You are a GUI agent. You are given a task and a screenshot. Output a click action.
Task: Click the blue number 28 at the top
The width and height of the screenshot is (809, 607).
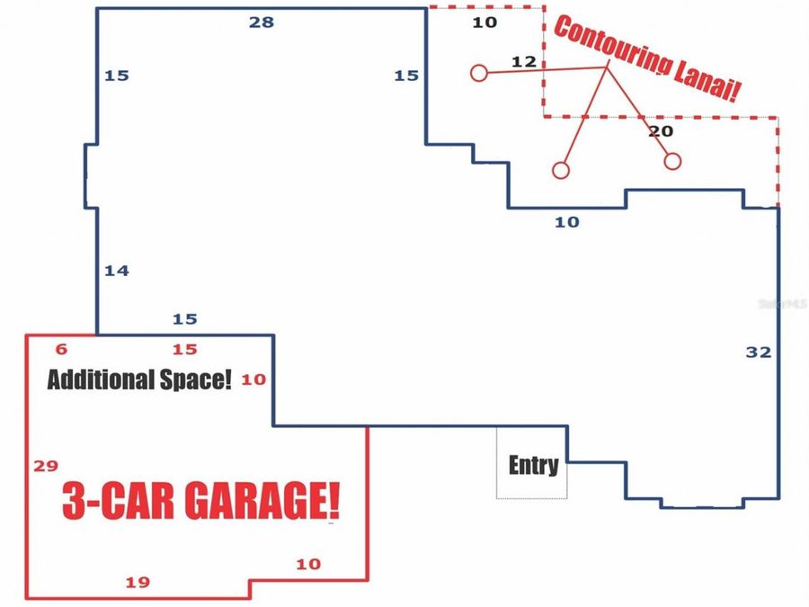click(x=262, y=22)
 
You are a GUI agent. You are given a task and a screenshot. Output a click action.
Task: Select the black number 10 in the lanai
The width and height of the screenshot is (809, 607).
click(x=485, y=22)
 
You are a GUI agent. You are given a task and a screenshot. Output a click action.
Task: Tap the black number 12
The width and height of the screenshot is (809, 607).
click(x=523, y=62)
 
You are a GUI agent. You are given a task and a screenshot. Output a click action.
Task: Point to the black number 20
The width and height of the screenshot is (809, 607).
click(x=661, y=131)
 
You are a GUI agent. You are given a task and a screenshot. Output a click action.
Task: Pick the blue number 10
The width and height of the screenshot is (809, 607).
click(x=567, y=222)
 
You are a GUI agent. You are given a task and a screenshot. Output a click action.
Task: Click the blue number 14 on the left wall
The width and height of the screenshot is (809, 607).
click(x=117, y=270)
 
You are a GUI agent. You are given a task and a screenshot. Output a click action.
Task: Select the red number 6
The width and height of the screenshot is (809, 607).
click(x=61, y=350)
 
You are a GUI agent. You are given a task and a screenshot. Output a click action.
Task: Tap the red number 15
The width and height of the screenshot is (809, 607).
click(x=184, y=350)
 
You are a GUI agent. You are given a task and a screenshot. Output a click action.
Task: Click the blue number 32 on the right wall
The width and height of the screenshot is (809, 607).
click(x=759, y=353)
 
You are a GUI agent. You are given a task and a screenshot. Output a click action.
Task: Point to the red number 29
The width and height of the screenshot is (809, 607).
click(x=46, y=466)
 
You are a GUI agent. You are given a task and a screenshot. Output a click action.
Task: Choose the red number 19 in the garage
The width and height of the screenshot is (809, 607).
click(x=138, y=583)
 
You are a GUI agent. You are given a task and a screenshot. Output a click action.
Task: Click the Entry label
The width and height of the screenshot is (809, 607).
click(x=533, y=465)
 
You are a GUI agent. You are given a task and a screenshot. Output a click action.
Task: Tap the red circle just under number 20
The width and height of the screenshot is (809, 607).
click(x=672, y=161)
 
